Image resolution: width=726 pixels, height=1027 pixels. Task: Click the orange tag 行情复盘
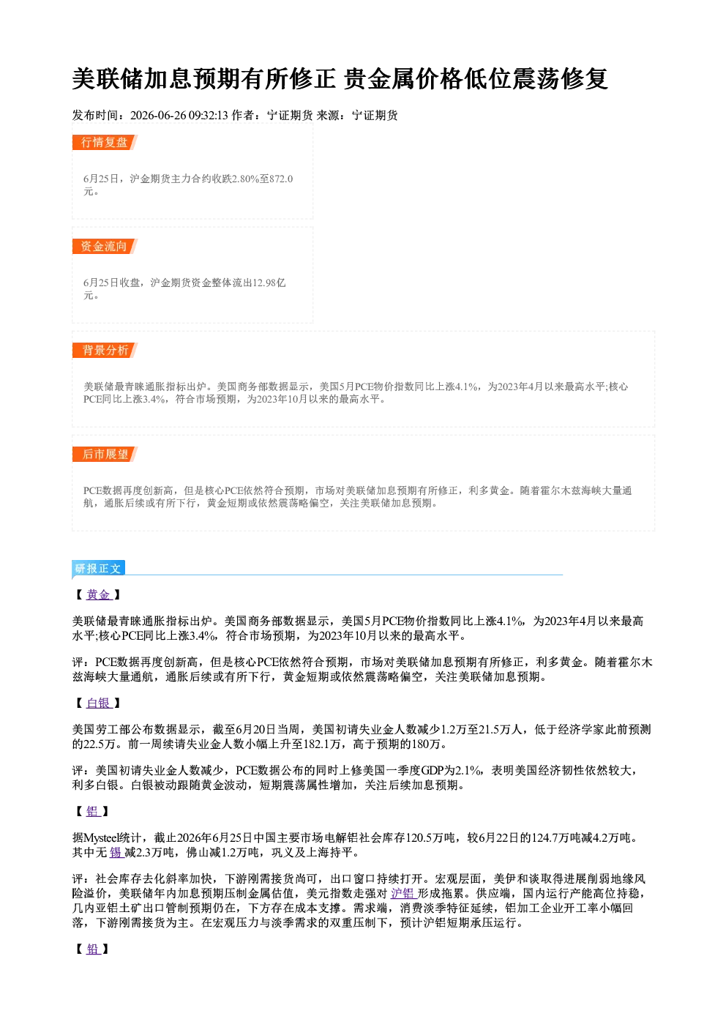[x=105, y=142]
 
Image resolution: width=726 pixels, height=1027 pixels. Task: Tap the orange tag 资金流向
[x=105, y=246]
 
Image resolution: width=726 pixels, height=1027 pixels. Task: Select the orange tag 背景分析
[x=105, y=351]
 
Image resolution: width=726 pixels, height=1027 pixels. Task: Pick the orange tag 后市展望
[x=105, y=455]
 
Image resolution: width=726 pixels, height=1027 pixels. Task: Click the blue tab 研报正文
[x=98, y=569]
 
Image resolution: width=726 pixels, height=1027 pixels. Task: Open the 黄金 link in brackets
[x=99, y=594]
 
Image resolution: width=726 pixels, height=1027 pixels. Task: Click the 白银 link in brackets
[x=99, y=703]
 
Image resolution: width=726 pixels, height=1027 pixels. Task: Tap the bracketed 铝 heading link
[x=93, y=812]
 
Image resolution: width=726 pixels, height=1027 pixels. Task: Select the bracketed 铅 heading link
[x=93, y=949]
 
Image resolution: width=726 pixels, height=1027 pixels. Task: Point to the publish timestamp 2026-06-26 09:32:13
[x=179, y=115]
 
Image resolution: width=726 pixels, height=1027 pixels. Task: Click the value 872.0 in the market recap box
[x=281, y=179]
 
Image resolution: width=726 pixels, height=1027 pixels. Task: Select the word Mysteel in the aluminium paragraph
[x=101, y=838]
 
